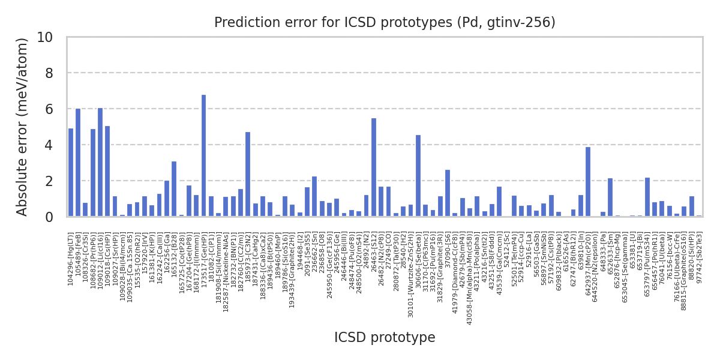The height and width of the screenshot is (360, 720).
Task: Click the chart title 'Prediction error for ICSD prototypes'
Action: (x=385, y=23)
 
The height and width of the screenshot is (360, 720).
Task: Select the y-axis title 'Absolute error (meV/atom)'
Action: (x=23, y=127)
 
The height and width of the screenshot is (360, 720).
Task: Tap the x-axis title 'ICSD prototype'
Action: (x=385, y=338)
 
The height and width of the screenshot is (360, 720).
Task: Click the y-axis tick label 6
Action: (x=49, y=109)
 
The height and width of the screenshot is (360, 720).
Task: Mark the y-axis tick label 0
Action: (x=49, y=217)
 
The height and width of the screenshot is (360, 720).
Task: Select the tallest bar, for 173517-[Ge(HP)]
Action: (x=204, y=155)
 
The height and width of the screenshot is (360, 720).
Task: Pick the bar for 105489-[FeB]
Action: (x=78, y=163)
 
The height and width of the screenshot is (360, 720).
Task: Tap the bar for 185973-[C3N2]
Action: (x=248, y=174)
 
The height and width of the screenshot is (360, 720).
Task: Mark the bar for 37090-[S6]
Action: (x=448, y=193)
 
